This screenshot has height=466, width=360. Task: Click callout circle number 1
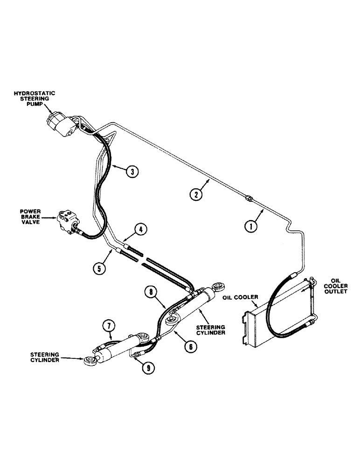pos(251,227)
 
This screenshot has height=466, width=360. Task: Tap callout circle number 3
pos(132,171)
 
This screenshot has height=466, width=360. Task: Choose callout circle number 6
pos(189,346)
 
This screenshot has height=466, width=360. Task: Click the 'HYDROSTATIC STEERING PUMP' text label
pos(41,99)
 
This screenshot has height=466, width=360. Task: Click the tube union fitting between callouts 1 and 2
pos(249,199)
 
